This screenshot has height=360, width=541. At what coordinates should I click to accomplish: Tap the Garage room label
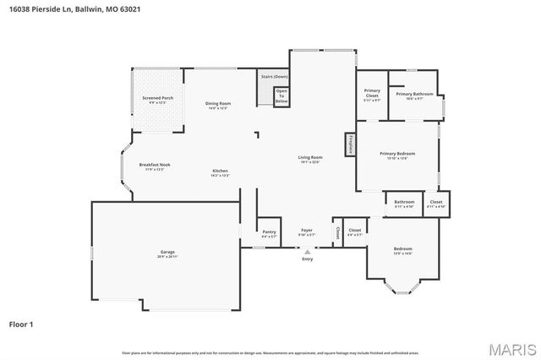[167, 254]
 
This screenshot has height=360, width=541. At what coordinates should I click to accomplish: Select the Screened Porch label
[156, 100]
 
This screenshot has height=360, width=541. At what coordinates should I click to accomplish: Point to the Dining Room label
[218, 105]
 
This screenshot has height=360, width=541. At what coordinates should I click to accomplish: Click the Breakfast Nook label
[155, 166]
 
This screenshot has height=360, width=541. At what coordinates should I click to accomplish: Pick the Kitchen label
[220, 172]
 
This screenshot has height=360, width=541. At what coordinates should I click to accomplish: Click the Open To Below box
[281, 96]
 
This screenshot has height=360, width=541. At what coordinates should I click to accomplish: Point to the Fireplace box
[349, 145]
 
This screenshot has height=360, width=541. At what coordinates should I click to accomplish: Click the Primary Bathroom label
[414, 95]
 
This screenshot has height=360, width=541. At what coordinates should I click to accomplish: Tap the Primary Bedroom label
[396, 155]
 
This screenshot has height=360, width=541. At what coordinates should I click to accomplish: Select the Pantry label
[269, 232]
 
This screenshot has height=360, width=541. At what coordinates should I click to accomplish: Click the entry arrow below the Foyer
[307, 251]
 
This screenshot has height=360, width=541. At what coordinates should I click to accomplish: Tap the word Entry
[307, 260]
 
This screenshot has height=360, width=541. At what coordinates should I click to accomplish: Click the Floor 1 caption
[20, 324]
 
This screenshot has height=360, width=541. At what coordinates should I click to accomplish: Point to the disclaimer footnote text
[270, 352]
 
